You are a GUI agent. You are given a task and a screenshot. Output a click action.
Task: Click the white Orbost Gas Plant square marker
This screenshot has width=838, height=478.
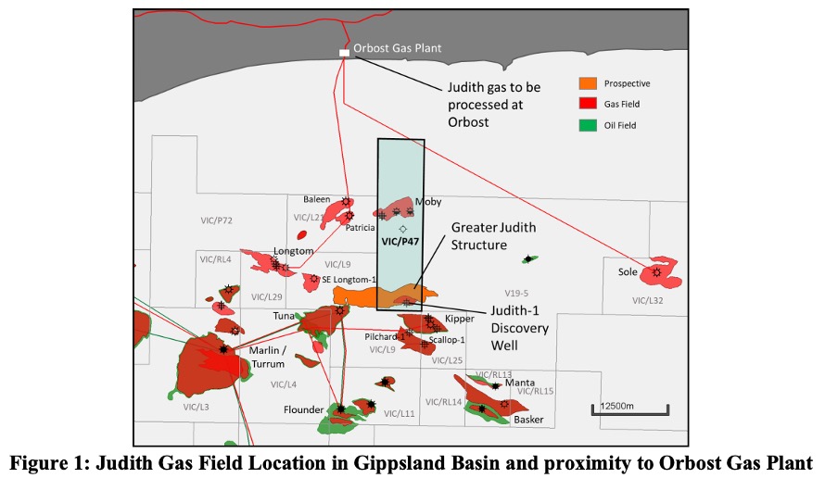(344, 54)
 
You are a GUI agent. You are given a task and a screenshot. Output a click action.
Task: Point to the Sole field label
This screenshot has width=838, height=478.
(628, 272)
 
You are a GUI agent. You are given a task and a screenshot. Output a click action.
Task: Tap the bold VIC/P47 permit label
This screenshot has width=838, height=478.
(400, 239)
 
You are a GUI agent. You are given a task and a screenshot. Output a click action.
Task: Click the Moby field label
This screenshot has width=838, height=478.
(428, 201)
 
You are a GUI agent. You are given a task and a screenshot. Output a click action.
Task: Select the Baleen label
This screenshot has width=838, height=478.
(317, 199)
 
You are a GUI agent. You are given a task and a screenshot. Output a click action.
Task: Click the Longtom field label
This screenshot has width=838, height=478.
(293, 251)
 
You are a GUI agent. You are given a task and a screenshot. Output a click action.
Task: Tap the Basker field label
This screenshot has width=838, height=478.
(528, 420)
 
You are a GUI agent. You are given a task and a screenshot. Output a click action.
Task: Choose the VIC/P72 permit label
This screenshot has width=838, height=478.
(216, 220)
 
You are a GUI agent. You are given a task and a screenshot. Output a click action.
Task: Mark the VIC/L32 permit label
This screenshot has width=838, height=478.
(648, 300)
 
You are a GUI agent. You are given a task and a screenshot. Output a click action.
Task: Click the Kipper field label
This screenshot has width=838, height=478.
(460, 319)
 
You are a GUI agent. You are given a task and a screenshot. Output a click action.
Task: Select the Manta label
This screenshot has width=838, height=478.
(520, 383)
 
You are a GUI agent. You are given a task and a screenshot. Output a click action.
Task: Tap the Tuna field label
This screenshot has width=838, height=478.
(284, 316)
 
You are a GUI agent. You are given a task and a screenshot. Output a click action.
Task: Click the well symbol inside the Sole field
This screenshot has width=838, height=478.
(656, 272)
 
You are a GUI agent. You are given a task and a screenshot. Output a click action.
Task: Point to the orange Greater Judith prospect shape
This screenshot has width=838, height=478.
(371, 296)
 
